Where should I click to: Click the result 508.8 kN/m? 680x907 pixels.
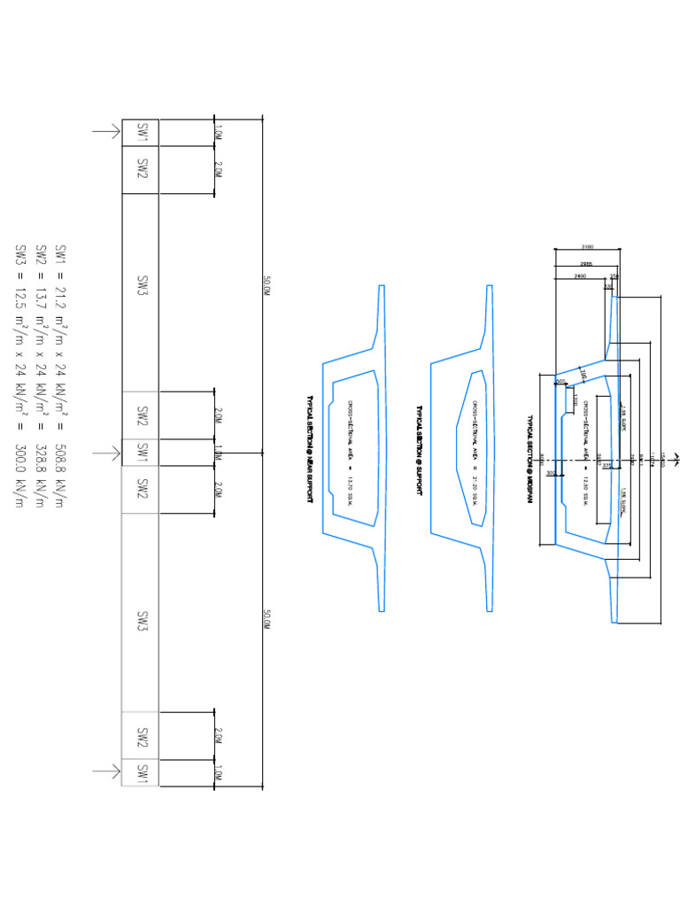click(x=61, y=479)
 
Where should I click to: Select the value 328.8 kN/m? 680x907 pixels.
click(x=41, y=479)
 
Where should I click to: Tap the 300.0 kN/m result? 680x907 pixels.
click(x=20, y=479)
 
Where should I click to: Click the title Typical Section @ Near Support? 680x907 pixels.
click(x=310, y=449)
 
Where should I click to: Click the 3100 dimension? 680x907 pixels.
click(x=587, y=247)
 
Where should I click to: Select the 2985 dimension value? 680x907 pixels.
click(x=585, y=263)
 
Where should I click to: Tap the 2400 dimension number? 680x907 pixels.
click(x=580, y=276)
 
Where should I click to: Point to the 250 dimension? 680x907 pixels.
click(x=614, y=276)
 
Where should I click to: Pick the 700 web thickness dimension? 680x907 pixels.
click(x=583, y=376)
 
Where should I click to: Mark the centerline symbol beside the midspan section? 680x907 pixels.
click(x=676, y=459)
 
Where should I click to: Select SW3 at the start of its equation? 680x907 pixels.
click(x=20, y=254)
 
